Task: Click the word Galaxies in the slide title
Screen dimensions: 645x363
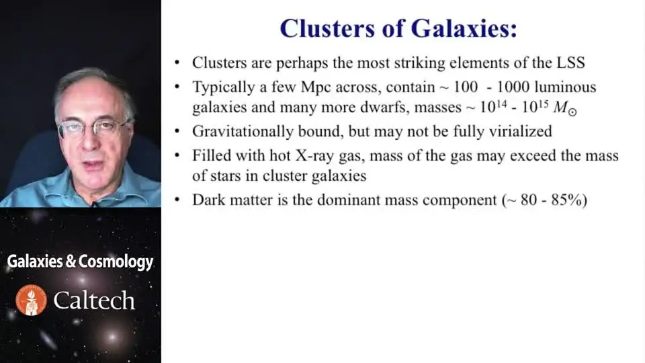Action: point(464,28)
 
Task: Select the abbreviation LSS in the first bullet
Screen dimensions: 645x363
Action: point(571,63)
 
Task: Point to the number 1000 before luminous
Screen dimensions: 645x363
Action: point(513,87)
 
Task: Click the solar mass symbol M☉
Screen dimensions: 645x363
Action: point(565,108)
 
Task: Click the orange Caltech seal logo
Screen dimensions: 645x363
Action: point(32,300)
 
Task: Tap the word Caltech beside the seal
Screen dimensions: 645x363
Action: point(94,300)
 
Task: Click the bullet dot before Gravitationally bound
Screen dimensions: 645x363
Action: point(177,131)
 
